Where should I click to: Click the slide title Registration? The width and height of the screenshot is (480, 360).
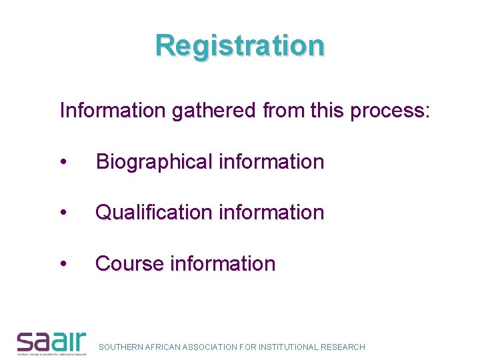tap(240, 45)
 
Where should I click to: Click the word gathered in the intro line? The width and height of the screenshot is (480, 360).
tap(213, 110)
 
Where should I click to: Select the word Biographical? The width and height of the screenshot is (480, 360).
tap(153, 162)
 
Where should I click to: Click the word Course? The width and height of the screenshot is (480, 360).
tap(129, 264)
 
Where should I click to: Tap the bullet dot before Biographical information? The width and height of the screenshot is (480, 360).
tap(63, 163)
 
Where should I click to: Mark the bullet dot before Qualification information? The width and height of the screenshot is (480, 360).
tap(63, 213)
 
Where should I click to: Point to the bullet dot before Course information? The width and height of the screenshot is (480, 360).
tap(63, 265)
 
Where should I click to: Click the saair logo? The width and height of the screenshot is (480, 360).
tap(51, 342)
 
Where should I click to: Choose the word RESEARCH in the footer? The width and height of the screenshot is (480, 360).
tap(343, 347)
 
